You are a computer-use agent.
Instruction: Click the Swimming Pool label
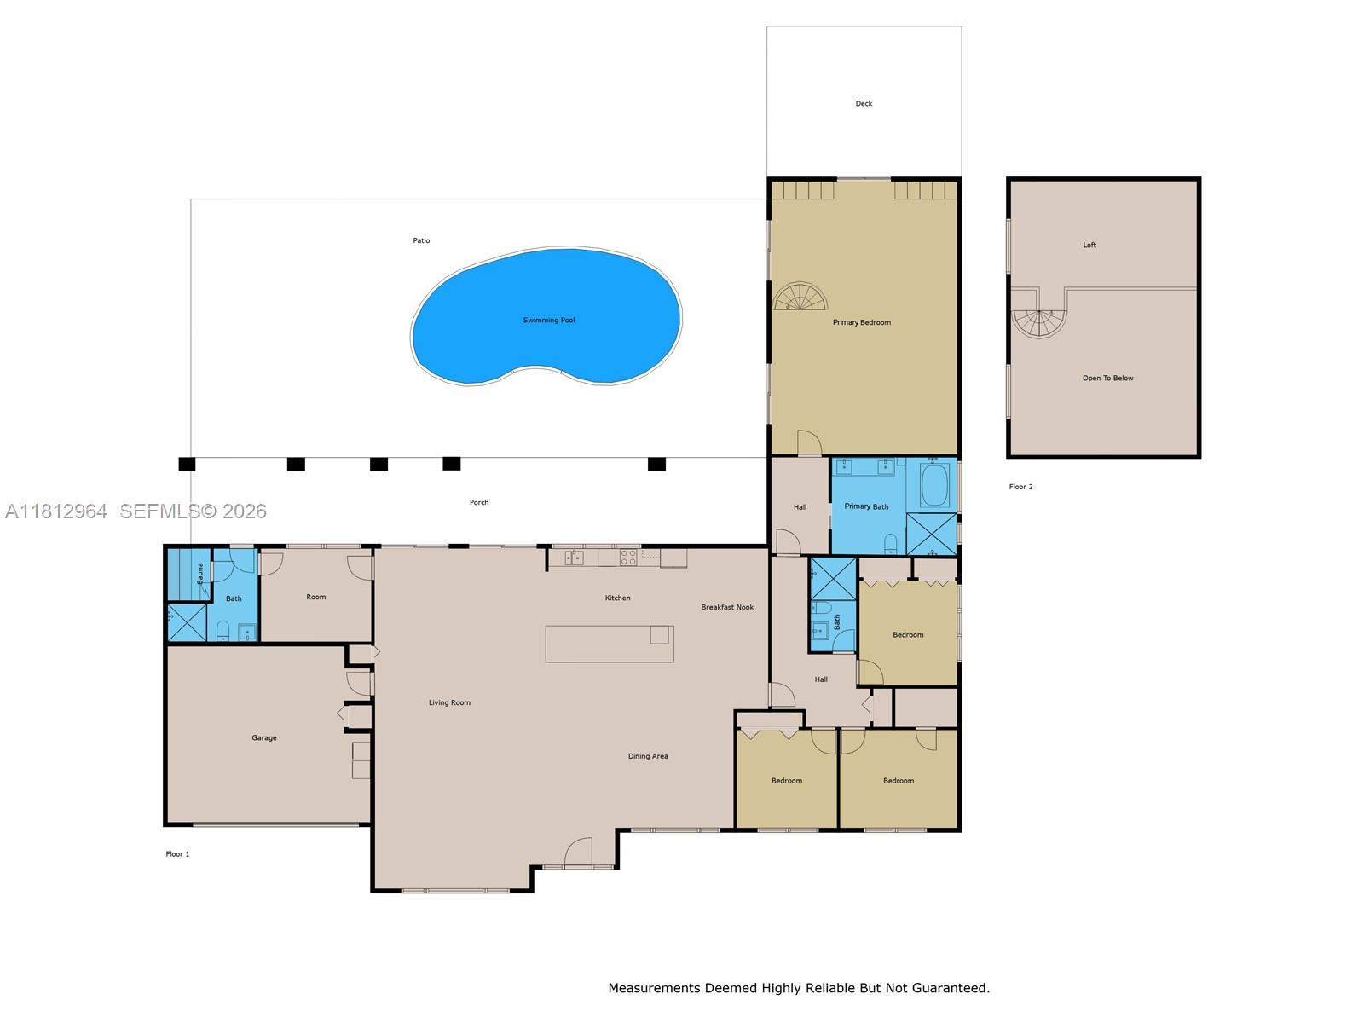click(x=549, y=321)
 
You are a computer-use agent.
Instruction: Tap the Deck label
click(x=864, y=104)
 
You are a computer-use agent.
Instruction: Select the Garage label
click(x=264, y=738)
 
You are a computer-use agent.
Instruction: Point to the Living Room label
click(x=449, y=703)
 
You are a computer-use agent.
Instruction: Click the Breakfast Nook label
click(x=727, y=608)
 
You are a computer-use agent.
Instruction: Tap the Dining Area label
click(x=648, y=756)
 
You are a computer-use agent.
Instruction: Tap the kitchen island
click(x=609, y=644)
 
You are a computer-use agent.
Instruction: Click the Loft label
click(x=1089, y=246)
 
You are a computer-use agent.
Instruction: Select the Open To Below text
click(x=1107, y=379)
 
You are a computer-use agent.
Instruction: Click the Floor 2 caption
click(x=1020, y=488)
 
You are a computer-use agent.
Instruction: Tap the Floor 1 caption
click(x=177, y=854)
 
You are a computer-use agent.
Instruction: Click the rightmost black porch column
click(x=656, y=464)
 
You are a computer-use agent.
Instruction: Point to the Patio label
click(x=421, y=241)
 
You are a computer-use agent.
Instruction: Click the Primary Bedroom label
click(x=861, y=323)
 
